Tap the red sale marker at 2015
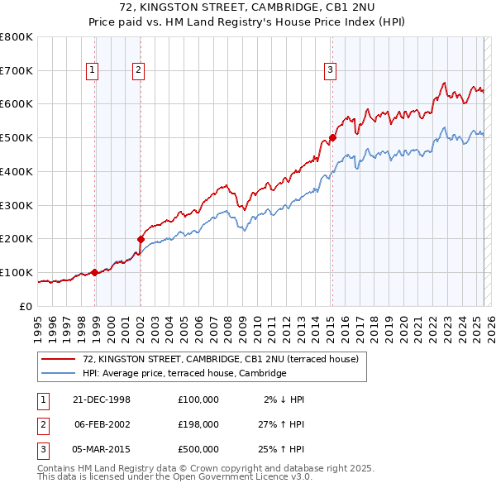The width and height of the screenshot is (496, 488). click(332, 137)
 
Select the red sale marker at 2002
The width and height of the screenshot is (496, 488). click(141, 240)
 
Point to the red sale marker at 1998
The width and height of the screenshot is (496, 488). click(94, 271)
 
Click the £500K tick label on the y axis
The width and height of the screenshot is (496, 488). click(17, 137)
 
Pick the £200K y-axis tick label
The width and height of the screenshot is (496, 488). click(17, 238)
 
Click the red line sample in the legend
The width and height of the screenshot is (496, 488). click(59, 359)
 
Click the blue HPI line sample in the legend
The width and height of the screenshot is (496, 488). click(59, 373)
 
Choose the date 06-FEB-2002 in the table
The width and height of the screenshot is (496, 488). click(102, 423)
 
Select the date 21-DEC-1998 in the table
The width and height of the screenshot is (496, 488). click(102, 399)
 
